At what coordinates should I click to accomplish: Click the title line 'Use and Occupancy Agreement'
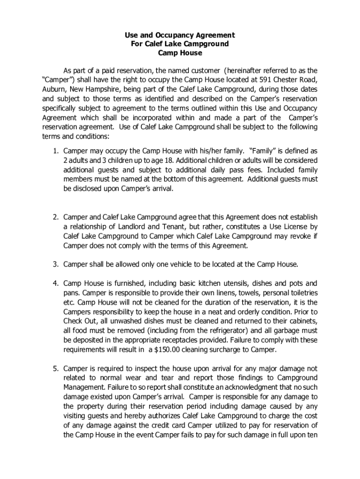click(x=180, y=35)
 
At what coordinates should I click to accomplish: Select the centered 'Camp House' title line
click(x=180, y=53)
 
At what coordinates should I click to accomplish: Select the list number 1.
click(x=55, y=151)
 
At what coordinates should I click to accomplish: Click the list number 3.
click(x=55, y=264)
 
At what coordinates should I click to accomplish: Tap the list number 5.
click(x=55, y=368)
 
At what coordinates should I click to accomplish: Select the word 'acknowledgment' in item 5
click(x=246, y=387)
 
